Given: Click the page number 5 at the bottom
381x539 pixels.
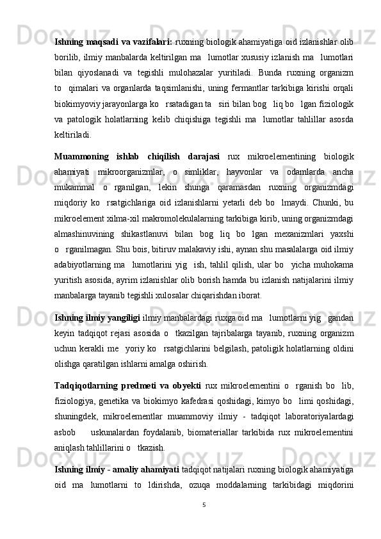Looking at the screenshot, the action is point(203,504).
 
